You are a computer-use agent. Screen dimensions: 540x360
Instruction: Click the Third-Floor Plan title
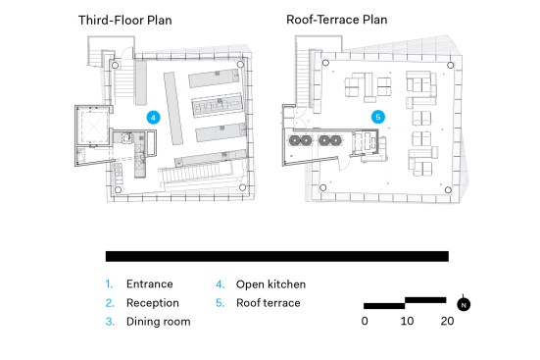click(125, 20)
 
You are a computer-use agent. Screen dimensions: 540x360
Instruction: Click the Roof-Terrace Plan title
click(337, 20)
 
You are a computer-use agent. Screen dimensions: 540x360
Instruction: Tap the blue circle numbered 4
click(153, 118)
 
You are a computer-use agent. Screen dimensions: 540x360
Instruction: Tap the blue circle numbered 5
click(378, 117)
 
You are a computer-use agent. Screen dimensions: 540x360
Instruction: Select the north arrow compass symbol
click(464, 304)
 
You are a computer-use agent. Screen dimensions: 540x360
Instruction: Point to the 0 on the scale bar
click(365, 321)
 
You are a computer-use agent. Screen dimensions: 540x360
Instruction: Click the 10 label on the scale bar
click(407, 321)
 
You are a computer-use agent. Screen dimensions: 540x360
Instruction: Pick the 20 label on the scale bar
click(447, 321)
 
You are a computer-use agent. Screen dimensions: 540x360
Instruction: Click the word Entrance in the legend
click(150, 284)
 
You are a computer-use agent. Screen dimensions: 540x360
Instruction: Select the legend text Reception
click(153, 303)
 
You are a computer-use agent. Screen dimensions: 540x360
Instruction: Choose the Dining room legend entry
click(159, 322)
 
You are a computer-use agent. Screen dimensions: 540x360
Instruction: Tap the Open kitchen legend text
click(270, 284)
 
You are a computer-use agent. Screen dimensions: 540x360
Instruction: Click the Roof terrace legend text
click(268, 303)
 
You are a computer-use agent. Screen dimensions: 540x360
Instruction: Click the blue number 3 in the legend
click(110, 322)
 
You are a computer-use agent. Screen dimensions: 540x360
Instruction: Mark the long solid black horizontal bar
click(277, 256)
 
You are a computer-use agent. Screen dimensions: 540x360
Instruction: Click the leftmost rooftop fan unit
click(295, 140)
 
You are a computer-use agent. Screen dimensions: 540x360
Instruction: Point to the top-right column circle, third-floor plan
click(240, 64)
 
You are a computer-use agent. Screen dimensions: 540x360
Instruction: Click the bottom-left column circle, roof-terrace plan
click(323, 187)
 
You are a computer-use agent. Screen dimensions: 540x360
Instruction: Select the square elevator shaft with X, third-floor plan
click(93, 127)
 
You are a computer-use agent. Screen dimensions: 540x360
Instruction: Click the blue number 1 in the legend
click(109, 284)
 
